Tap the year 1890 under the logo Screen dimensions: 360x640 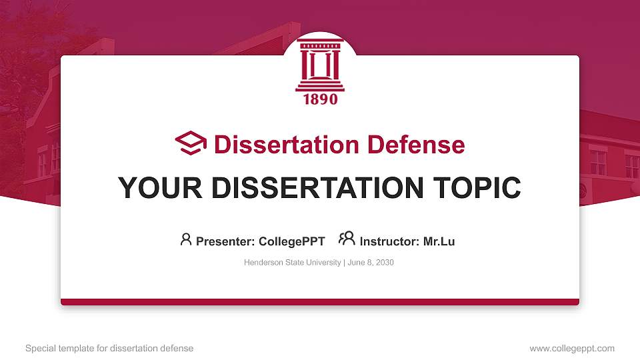[x=320, y=99]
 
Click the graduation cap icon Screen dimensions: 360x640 [x=191, y=143]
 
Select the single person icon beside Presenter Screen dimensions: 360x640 [x=186, y=239]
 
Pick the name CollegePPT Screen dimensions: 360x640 [x=291, y=241]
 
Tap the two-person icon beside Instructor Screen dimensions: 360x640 [x=347, y=239]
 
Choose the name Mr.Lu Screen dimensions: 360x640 [x=439, y=241]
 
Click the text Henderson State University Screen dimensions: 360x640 [x=292, y=263]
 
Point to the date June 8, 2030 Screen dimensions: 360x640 [x=371, y=263]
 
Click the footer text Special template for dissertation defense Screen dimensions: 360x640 [x=109, y=348]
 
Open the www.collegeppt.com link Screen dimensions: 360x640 [x=572, y=348]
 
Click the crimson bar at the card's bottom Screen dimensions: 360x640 [x=320, y=302]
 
